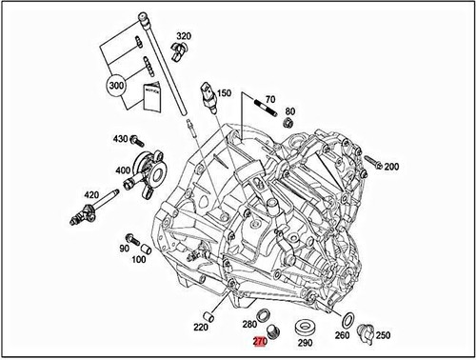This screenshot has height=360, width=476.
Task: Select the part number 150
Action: pyautogui.click(x=224, y=93)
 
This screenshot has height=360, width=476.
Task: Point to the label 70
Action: pyautogui.click(x=270, y=98)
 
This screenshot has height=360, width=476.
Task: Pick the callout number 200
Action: pyautogui.click(x=391, y=167)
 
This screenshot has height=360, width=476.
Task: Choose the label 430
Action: pyautogui.click(x=121, y=139)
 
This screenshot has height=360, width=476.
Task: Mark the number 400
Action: pyautogui.click(x=123, y=171)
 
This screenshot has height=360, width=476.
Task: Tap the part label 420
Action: pyautogui.click(x=92, y=195)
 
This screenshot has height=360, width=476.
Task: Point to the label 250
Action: pyautogui.click(x=384, y=335)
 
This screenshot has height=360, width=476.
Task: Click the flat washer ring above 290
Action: pyautogui.click(x=307, y=324)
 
